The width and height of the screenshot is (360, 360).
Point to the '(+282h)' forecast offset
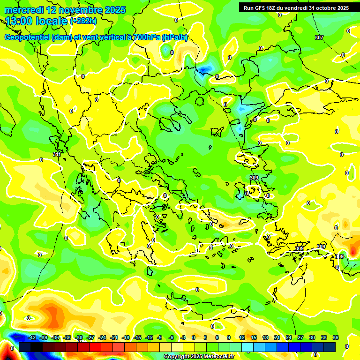coord(83,21)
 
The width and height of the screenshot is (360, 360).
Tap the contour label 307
coord(319,37)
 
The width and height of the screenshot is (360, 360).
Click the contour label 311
coord(57,154)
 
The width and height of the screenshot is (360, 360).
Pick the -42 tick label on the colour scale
coord(32,337)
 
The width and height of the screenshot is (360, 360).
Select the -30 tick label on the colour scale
coord(79,337)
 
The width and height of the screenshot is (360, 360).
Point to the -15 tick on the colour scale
coord(137,337)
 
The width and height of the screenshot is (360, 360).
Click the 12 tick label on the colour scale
coord(242,337)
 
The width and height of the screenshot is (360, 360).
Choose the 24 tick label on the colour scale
coord(288,337)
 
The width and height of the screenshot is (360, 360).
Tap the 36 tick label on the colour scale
coord(335,337)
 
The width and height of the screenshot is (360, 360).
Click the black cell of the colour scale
coord(25,347)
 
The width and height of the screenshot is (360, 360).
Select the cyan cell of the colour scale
coord(247,347)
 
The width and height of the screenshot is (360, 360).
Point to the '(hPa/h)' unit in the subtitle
coord(174,37)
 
